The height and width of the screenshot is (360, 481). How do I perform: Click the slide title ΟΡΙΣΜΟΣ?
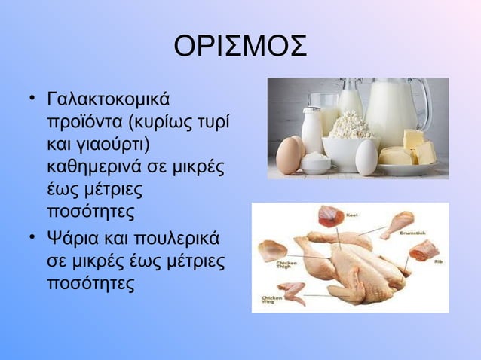point(240,47)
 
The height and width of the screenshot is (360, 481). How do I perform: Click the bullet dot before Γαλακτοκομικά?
point(32,99)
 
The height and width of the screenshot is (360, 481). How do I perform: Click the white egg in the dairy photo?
point(367,157)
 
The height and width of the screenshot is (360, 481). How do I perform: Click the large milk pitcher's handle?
point(426,105)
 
